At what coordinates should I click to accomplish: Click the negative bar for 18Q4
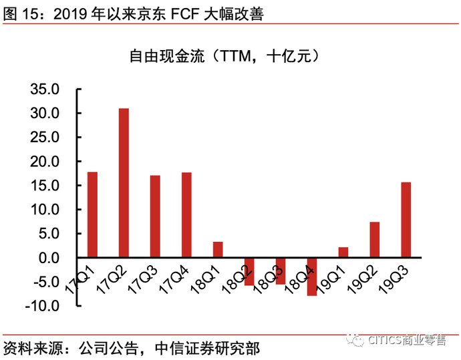(x=312, y=277)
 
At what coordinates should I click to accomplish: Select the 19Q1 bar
(x=343, y=252)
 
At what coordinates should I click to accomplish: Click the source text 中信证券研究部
(x=207, y=348)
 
